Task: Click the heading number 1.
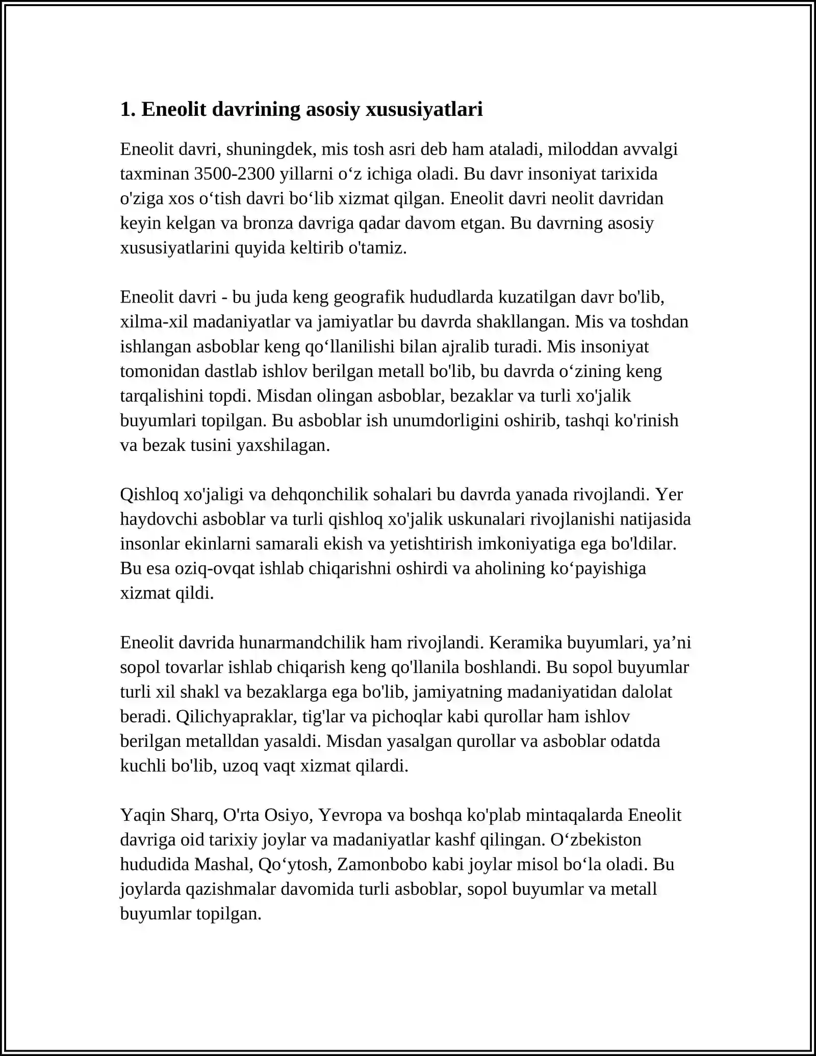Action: (126, 109)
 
